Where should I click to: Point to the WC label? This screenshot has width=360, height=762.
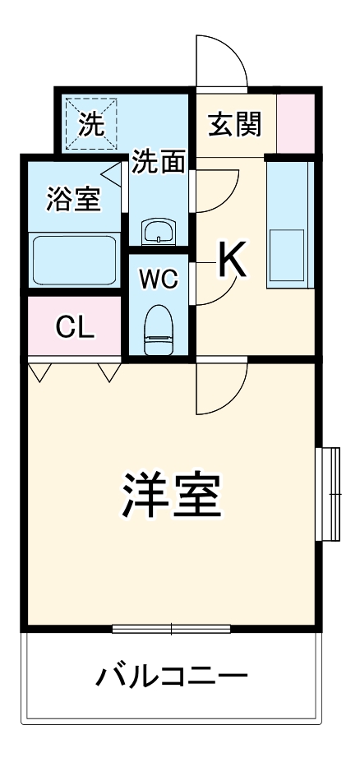pyautogui.click(x=158, y=279)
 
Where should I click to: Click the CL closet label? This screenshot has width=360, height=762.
pyautogui.click(x=75, y=327)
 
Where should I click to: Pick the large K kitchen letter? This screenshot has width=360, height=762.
pyautogui.click(x=233, y=262)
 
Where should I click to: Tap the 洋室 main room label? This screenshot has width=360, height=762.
pyautogui.click(x=172, y=492)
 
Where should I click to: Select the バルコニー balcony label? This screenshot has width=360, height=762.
pyautogui.click(x=172, y=678)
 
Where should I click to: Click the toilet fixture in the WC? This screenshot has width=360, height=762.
pyautogui.click(x=157, y=329)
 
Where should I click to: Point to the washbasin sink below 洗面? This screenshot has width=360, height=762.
pyautogui.click(x=158, y=231)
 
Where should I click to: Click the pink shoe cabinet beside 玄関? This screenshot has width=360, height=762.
pyautogui.click(x=295, y=123)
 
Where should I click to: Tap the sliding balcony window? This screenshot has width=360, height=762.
pyautogui.click(x=172, y=630)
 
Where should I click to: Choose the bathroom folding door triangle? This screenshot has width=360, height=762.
pyautogui.click(x=111, y=173)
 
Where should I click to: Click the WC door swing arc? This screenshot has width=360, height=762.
pyautogui.click(x=215, y=284)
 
